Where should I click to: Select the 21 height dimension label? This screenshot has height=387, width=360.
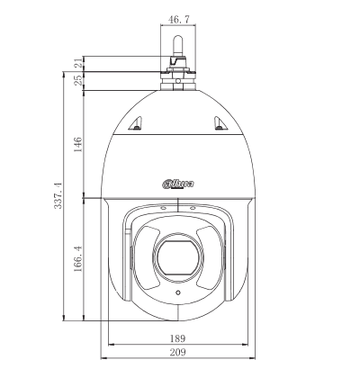[x=79, y=63]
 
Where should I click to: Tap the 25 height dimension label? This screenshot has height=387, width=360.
[x=79, y=80]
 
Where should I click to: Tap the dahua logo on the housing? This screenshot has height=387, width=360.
[x=178, y=184]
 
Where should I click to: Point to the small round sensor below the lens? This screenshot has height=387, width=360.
[x=177, y=293]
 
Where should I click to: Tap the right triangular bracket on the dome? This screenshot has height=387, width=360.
[x=220, y=124]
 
